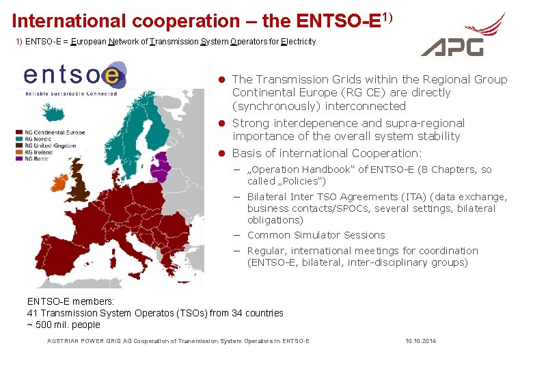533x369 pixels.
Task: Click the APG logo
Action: click(463, 36)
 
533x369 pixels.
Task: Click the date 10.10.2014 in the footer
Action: click(420, 341)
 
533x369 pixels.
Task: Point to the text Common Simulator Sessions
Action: click(316, 235)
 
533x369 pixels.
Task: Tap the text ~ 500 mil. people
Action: click(63, 325)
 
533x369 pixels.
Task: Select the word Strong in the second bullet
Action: click(251, 124)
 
